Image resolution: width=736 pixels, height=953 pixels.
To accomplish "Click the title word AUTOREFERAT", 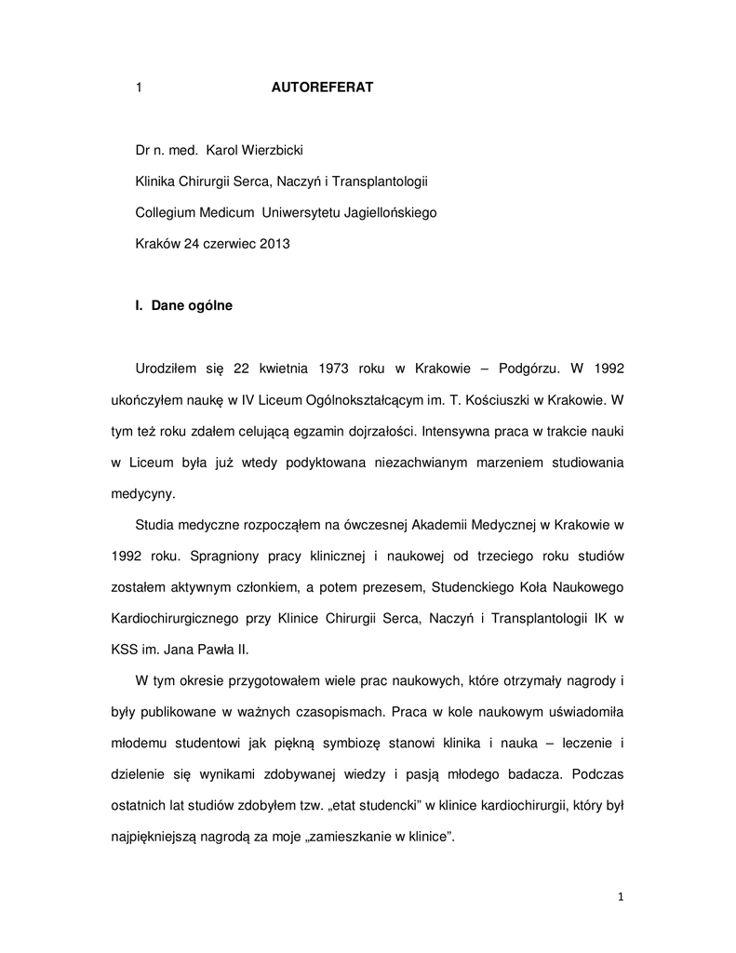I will [322, 87].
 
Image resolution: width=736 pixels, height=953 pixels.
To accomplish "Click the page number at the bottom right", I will [620, 897].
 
